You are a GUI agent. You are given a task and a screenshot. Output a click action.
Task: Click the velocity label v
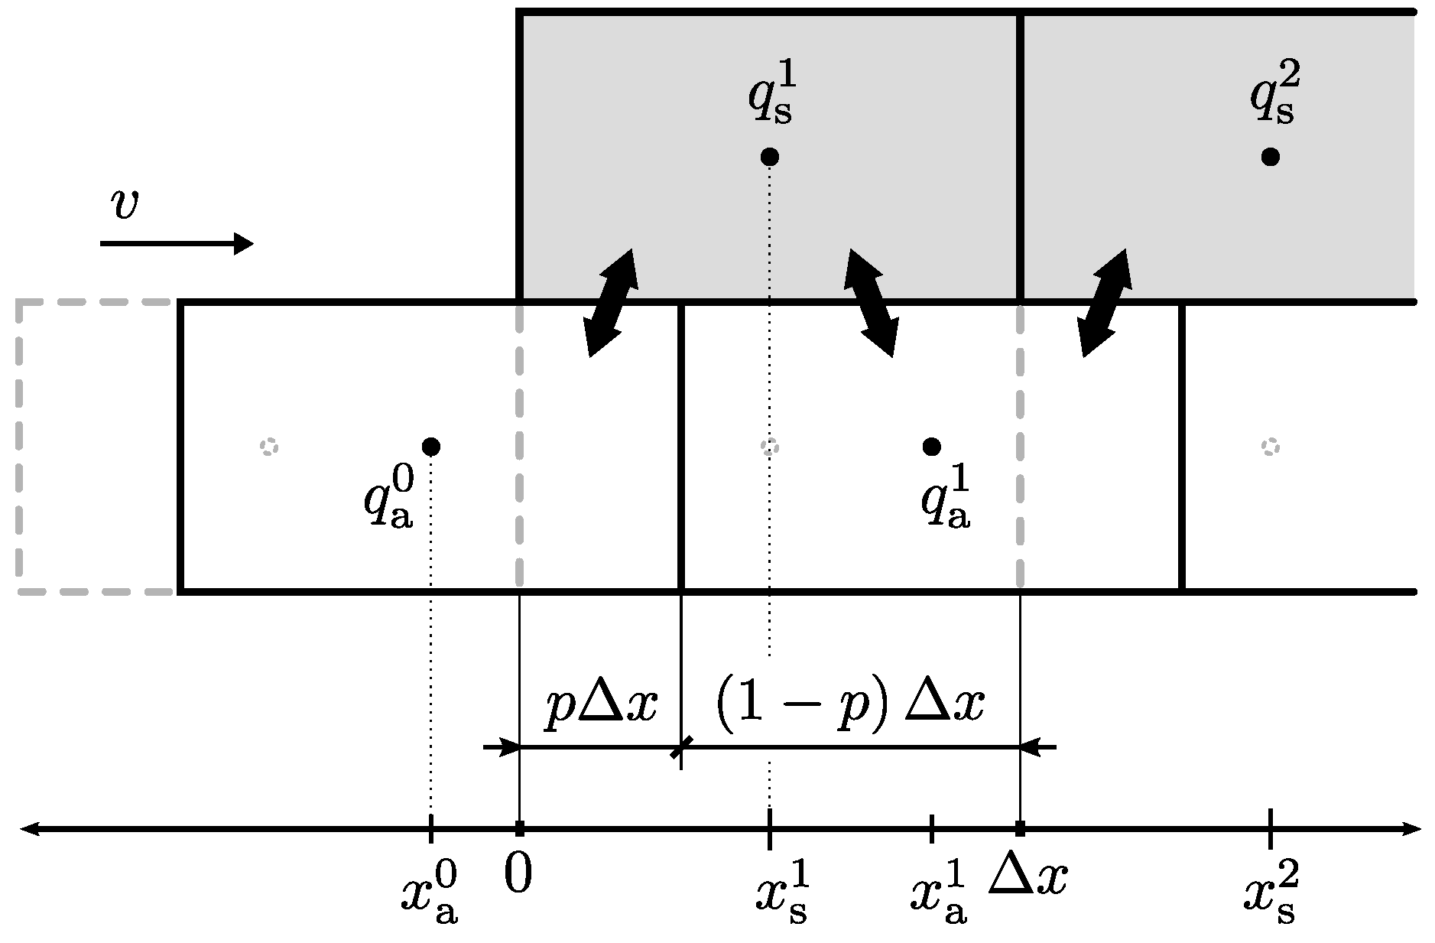[x=125, y=204]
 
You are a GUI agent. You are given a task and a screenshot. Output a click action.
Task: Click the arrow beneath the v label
[x=177, y=244]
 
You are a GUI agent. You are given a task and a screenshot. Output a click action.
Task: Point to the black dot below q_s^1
[x=770, y=157]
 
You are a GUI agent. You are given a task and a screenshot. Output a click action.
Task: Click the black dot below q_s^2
[x=1271, y=157]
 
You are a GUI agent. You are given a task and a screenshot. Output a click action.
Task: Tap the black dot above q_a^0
[x=431, y=446]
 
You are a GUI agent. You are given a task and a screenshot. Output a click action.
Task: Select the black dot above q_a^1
[x=931, y=446]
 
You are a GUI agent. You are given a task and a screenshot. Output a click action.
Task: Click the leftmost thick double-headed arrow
[x=610, y=303]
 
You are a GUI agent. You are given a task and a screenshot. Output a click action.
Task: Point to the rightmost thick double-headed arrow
[x=1104, y=303]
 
